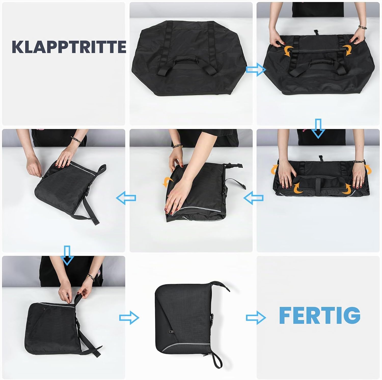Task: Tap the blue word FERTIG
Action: click(320, 315)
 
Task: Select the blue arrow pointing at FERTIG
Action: click(256, 317)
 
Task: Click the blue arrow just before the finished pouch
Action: click(129, 317)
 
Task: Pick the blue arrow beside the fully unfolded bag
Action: click(256, 70)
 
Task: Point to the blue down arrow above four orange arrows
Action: click(318, 128)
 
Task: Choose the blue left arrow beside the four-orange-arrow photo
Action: click(253, 198)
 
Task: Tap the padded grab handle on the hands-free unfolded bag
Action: click(187, 63)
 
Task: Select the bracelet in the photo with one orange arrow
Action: click(176, 146)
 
